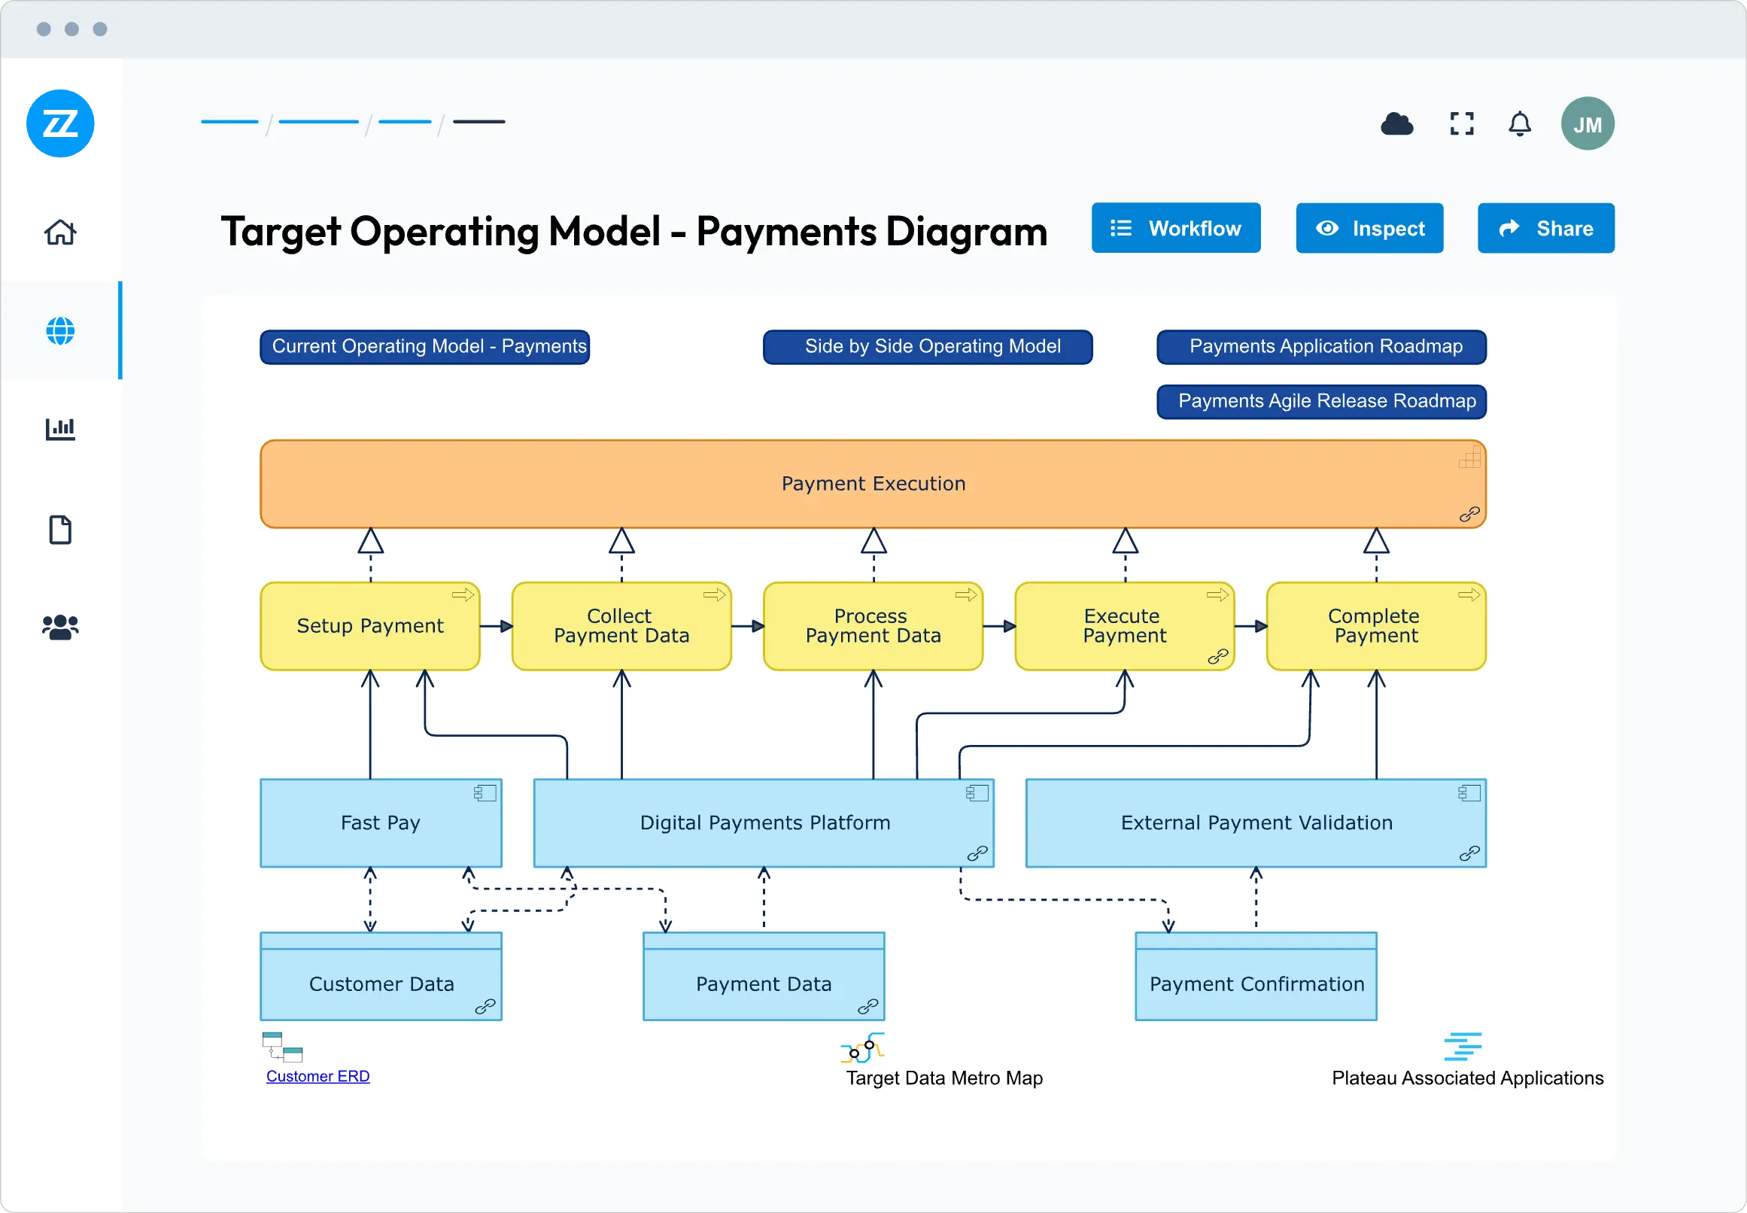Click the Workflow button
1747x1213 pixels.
pos(1175,228)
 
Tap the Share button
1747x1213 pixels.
pos(1545,228)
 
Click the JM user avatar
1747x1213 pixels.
pos(1587,124)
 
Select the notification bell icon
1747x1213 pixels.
pos(1519,124)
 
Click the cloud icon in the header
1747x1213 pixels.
pos(1396,124)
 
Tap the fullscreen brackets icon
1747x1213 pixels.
pos(1461,124)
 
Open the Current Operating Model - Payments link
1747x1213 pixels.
pos(425,347)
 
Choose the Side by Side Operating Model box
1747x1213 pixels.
pos(927,347)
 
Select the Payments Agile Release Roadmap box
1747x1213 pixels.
pos(1320,401)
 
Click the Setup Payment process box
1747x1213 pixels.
pos(370,626)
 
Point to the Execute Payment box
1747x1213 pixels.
pos(1124,626)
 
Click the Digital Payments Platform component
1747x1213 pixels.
pos(764,823)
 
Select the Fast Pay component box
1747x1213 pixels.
pos(381,823)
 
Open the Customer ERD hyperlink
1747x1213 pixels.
pos(317,1076)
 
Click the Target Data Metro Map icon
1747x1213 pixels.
pos(862,1048)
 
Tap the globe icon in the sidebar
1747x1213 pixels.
pos(60,331)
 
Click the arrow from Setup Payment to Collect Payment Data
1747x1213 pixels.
pos(497,626)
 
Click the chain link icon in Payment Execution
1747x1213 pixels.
pos(1469,515)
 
